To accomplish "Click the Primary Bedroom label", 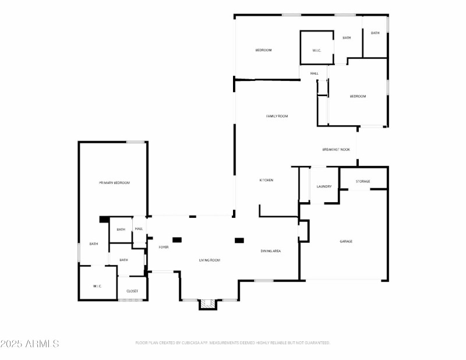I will pyautogui.click(x=114, y=183).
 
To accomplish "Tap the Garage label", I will pyautogui.click(x=346, y=241).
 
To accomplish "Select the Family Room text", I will pyautogui.click(x=277, y=117).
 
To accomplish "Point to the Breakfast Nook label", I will pyautogui.click(x=336, y=150).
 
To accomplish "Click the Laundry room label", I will pyautogui.click(x=324, y=186).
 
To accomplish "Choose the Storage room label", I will pyautogui.click(x=363, y=182).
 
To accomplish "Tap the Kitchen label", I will pyautogui.click(x=266, y=180).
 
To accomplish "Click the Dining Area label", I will pyautogui.click(x=271, y=251).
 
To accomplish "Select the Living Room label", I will pyautogui.click(x=210, y=260).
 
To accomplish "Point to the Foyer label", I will pyautogui.click(x=164, y=247).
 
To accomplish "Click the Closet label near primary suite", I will pyautogui.click(x=132, y=291).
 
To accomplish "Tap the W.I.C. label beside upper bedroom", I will pyautogui.click(x=317, y=51).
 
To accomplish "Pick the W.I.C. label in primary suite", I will pyautogui.click(x=97, y=286).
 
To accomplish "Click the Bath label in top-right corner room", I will pyautogui.click(x=375, y=33).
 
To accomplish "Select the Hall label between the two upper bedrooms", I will pyautogui.click(x=314, y=73).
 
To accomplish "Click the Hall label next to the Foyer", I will pyautogui.click(x=139, y=229).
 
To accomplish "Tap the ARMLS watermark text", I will pyautogui.click(x=30, y=344).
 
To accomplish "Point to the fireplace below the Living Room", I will pyautogui.click(x=207, y=304).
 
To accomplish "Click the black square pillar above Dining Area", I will pyautogui.click(x=239, y=240).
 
